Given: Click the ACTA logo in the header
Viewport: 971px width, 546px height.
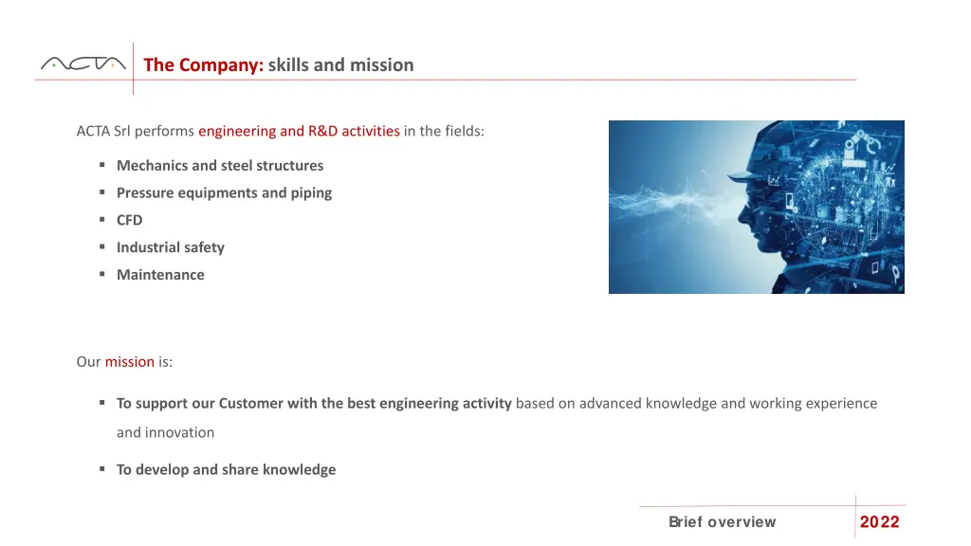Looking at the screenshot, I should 82,64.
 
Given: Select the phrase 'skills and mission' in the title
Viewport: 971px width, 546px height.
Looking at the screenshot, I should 340,65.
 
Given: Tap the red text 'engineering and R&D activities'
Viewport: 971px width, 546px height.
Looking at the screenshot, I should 299,131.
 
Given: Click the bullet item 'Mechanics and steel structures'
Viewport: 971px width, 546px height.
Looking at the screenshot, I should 219,166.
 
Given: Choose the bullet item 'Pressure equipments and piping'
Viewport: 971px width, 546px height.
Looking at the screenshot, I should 224,193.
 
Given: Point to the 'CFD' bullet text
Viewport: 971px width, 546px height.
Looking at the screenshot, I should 129,221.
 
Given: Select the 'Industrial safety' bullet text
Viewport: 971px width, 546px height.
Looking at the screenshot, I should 170,247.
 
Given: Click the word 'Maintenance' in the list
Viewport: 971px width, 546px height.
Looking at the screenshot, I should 160,275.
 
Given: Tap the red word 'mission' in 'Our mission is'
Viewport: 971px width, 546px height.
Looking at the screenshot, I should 129,362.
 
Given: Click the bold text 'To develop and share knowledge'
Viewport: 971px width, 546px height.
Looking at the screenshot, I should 226,470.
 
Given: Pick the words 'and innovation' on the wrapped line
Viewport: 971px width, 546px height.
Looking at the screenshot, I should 165,433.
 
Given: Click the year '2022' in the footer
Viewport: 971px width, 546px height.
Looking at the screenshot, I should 879,522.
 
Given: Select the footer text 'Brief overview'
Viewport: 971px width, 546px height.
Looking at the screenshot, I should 722,522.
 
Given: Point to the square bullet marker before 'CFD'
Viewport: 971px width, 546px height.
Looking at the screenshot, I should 101,220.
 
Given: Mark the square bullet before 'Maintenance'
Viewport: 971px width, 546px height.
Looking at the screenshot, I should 101,275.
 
